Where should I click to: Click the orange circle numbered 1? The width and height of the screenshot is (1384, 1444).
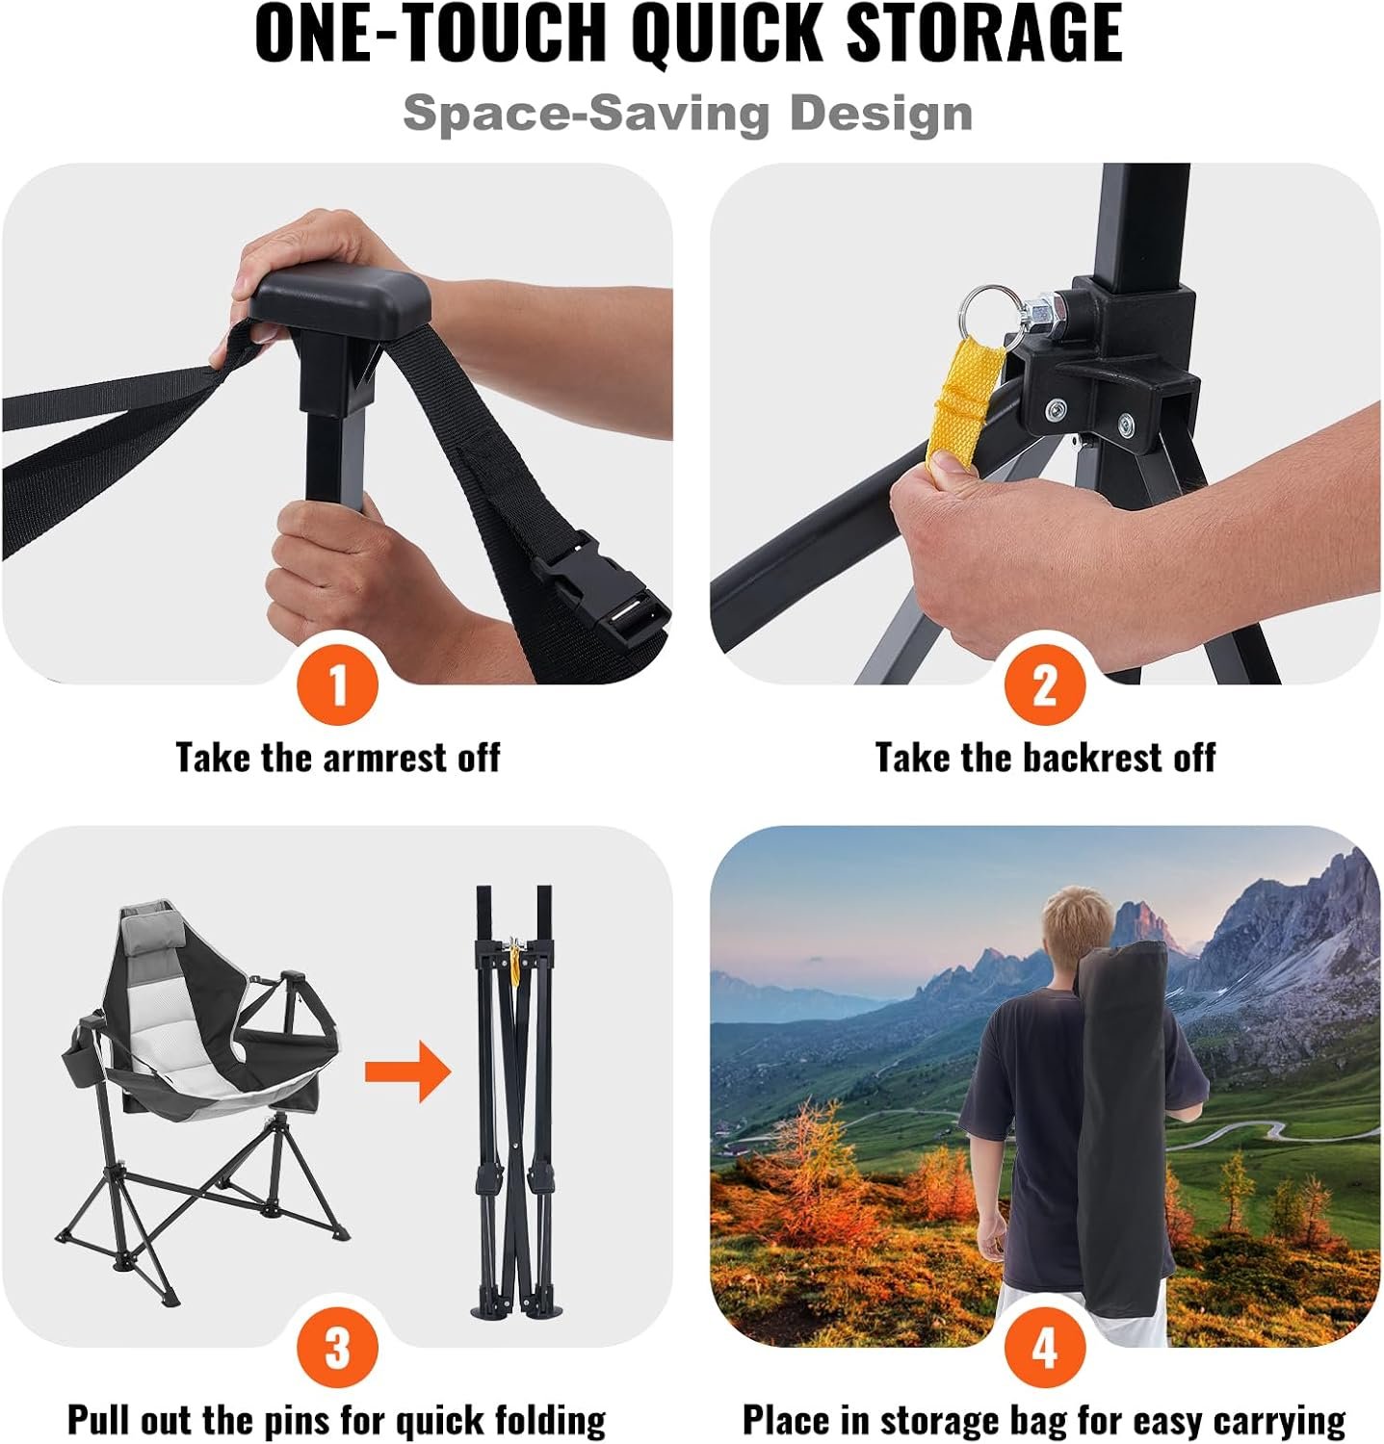tap(337, 684)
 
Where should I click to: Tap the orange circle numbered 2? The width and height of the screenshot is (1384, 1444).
tap(1045, 684)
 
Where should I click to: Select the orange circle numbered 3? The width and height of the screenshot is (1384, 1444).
tap(337, 1348)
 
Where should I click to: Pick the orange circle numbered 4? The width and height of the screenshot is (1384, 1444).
tap(1045, 1348)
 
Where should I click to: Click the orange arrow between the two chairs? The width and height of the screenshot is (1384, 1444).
tap(407, 1070)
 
